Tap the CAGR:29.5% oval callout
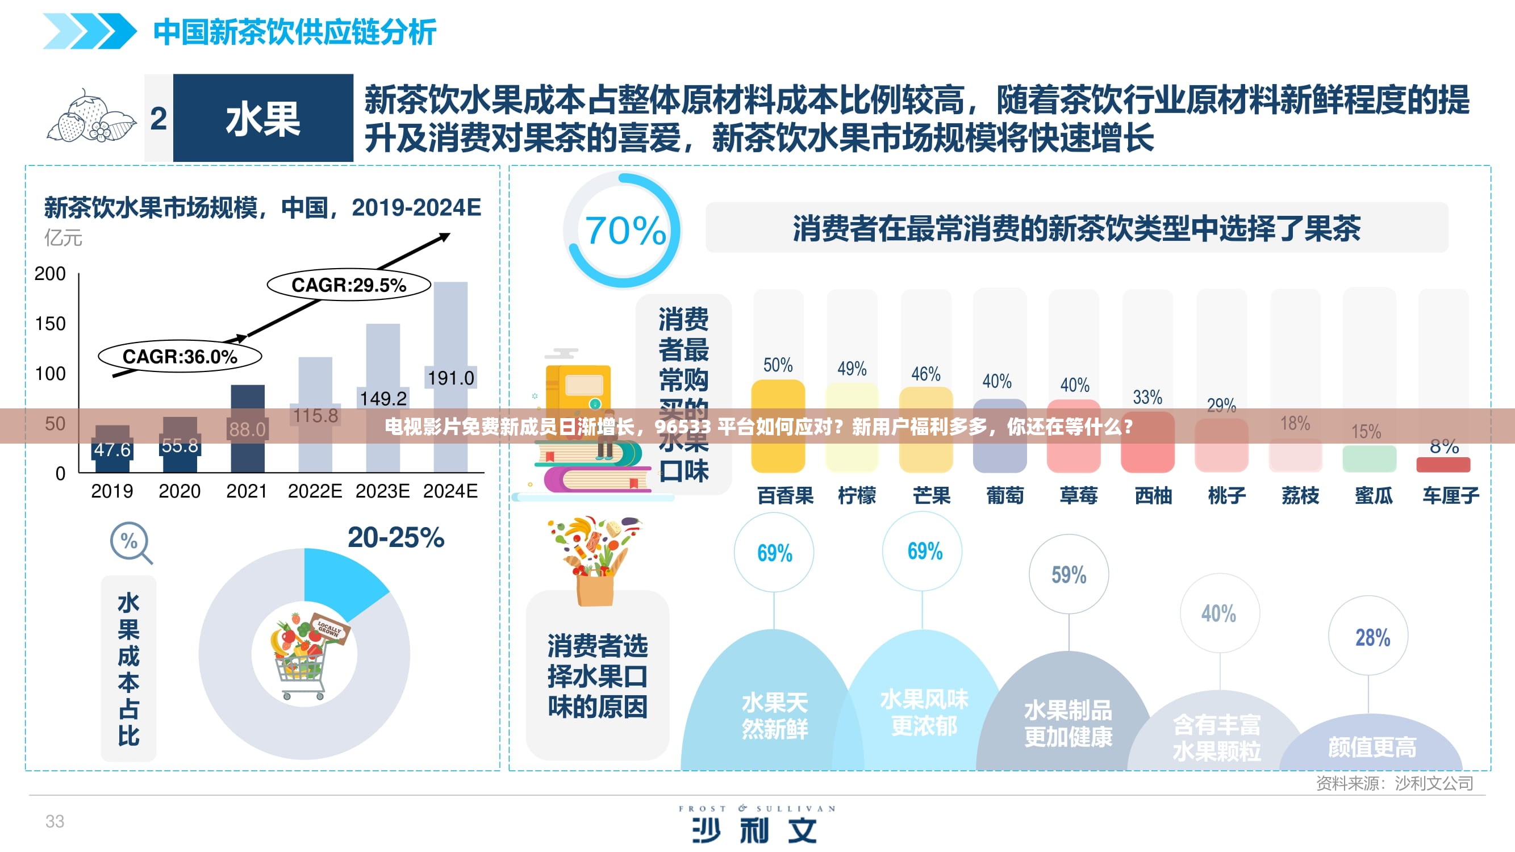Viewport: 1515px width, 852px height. point(349,285)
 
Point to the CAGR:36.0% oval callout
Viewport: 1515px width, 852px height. point(180,356)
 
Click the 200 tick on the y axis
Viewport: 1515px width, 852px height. point(50,274)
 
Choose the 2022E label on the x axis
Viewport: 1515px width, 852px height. point(315,491)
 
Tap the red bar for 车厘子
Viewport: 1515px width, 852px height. point(1443,465)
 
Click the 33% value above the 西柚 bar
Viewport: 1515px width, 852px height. point(1147,398)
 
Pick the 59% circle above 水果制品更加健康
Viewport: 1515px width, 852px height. point(1069,574)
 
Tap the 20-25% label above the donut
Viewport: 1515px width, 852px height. point(396,537)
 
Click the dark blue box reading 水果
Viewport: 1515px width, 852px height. point(263,118)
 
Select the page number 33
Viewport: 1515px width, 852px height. point(55,821)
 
